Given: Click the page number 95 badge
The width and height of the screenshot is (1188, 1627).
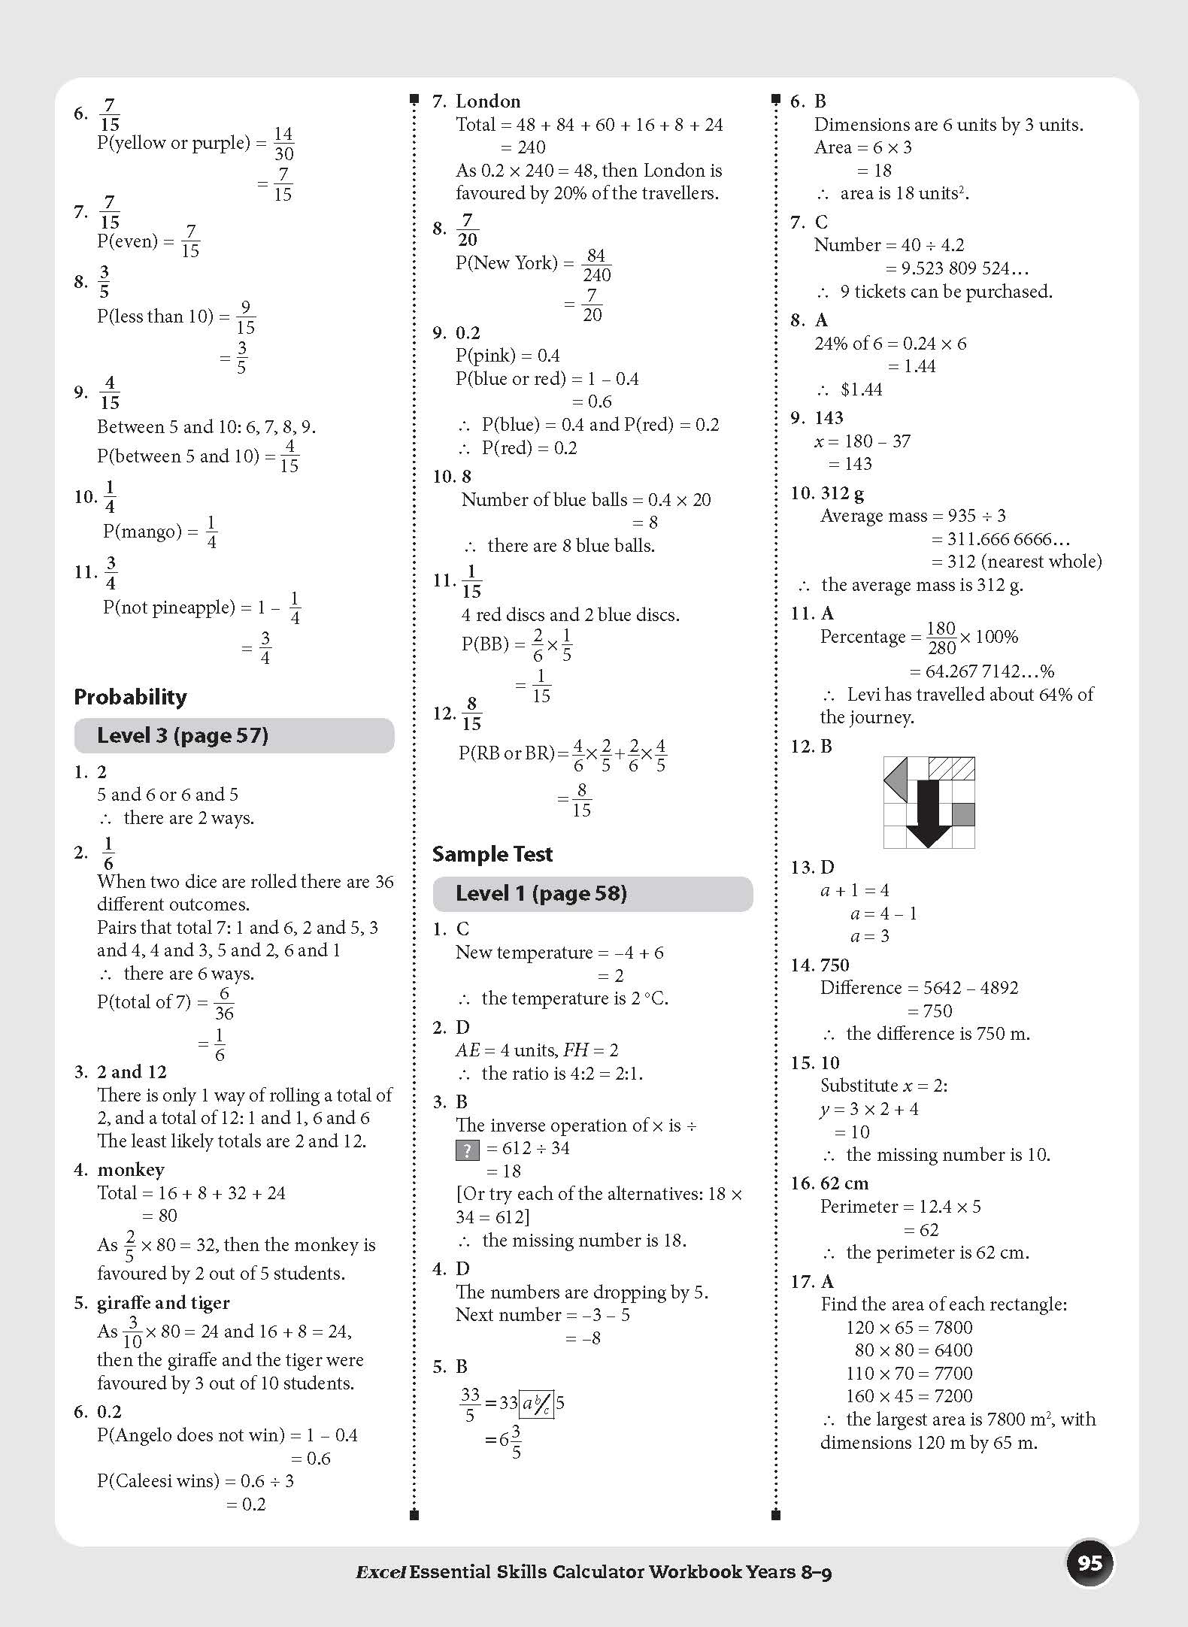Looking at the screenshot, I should tap(1090, 1564).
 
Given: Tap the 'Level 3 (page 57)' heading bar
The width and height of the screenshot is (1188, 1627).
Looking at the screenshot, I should tap(234, 735).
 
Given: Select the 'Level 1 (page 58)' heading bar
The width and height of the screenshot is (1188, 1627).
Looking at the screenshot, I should tap(592, 893).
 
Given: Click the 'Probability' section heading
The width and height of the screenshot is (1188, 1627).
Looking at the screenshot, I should tap(130, 697).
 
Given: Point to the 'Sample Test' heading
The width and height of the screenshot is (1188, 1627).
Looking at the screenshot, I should tap(492, 854).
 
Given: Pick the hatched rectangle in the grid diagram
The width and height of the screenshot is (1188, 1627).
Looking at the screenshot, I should tap(952, 768).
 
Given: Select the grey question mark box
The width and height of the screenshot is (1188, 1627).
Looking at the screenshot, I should tap(467, 1149).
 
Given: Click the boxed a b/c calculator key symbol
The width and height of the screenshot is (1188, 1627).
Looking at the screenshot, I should tap(537, 1403).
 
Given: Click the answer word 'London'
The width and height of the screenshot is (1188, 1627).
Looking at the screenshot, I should tap(488, 101).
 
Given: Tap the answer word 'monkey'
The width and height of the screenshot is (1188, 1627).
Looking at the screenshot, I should tap(130, 1170).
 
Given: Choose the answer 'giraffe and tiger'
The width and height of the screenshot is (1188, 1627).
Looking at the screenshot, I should tap(163, 1303).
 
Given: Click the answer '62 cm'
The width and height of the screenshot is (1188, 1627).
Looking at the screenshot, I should tap(844, 1183).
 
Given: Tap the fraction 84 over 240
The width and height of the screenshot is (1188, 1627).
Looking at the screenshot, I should tap(596, 265).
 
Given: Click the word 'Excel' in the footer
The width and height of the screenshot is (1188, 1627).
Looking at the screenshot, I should tap(380, 1571).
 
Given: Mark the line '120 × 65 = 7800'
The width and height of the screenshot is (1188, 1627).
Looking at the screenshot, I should tap(909, 1327).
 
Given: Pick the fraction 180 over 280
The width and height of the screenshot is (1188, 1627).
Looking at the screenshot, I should tap(941, 638).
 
